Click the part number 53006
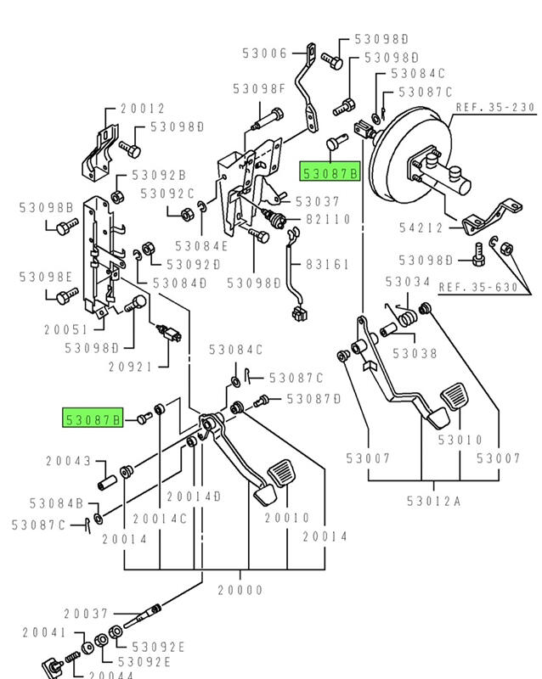pos(264,53)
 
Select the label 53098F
pos(259,88)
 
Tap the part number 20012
pos(142,109)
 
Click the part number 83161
pos(327,265)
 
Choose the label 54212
pos(422,227)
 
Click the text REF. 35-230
pos(495,108)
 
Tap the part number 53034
pos(408,281)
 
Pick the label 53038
pos(415,353)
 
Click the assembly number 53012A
pos(438,502)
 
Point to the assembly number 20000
pos(240,590)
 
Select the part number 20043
pos(68,461)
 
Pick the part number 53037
pos(317,201)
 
